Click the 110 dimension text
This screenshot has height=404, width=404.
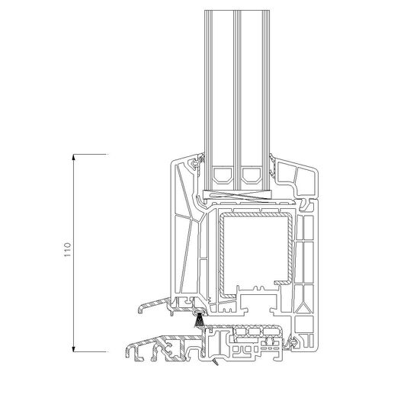67,249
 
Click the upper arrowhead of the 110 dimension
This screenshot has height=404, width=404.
74,157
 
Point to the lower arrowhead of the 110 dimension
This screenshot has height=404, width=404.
74,349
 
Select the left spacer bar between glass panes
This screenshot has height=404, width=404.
222,175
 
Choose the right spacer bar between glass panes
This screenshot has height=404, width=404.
252,175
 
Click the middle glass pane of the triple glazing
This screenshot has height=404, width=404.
237,101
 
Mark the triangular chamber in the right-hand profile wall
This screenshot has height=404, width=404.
304,309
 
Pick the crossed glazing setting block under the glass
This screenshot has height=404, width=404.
237,195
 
